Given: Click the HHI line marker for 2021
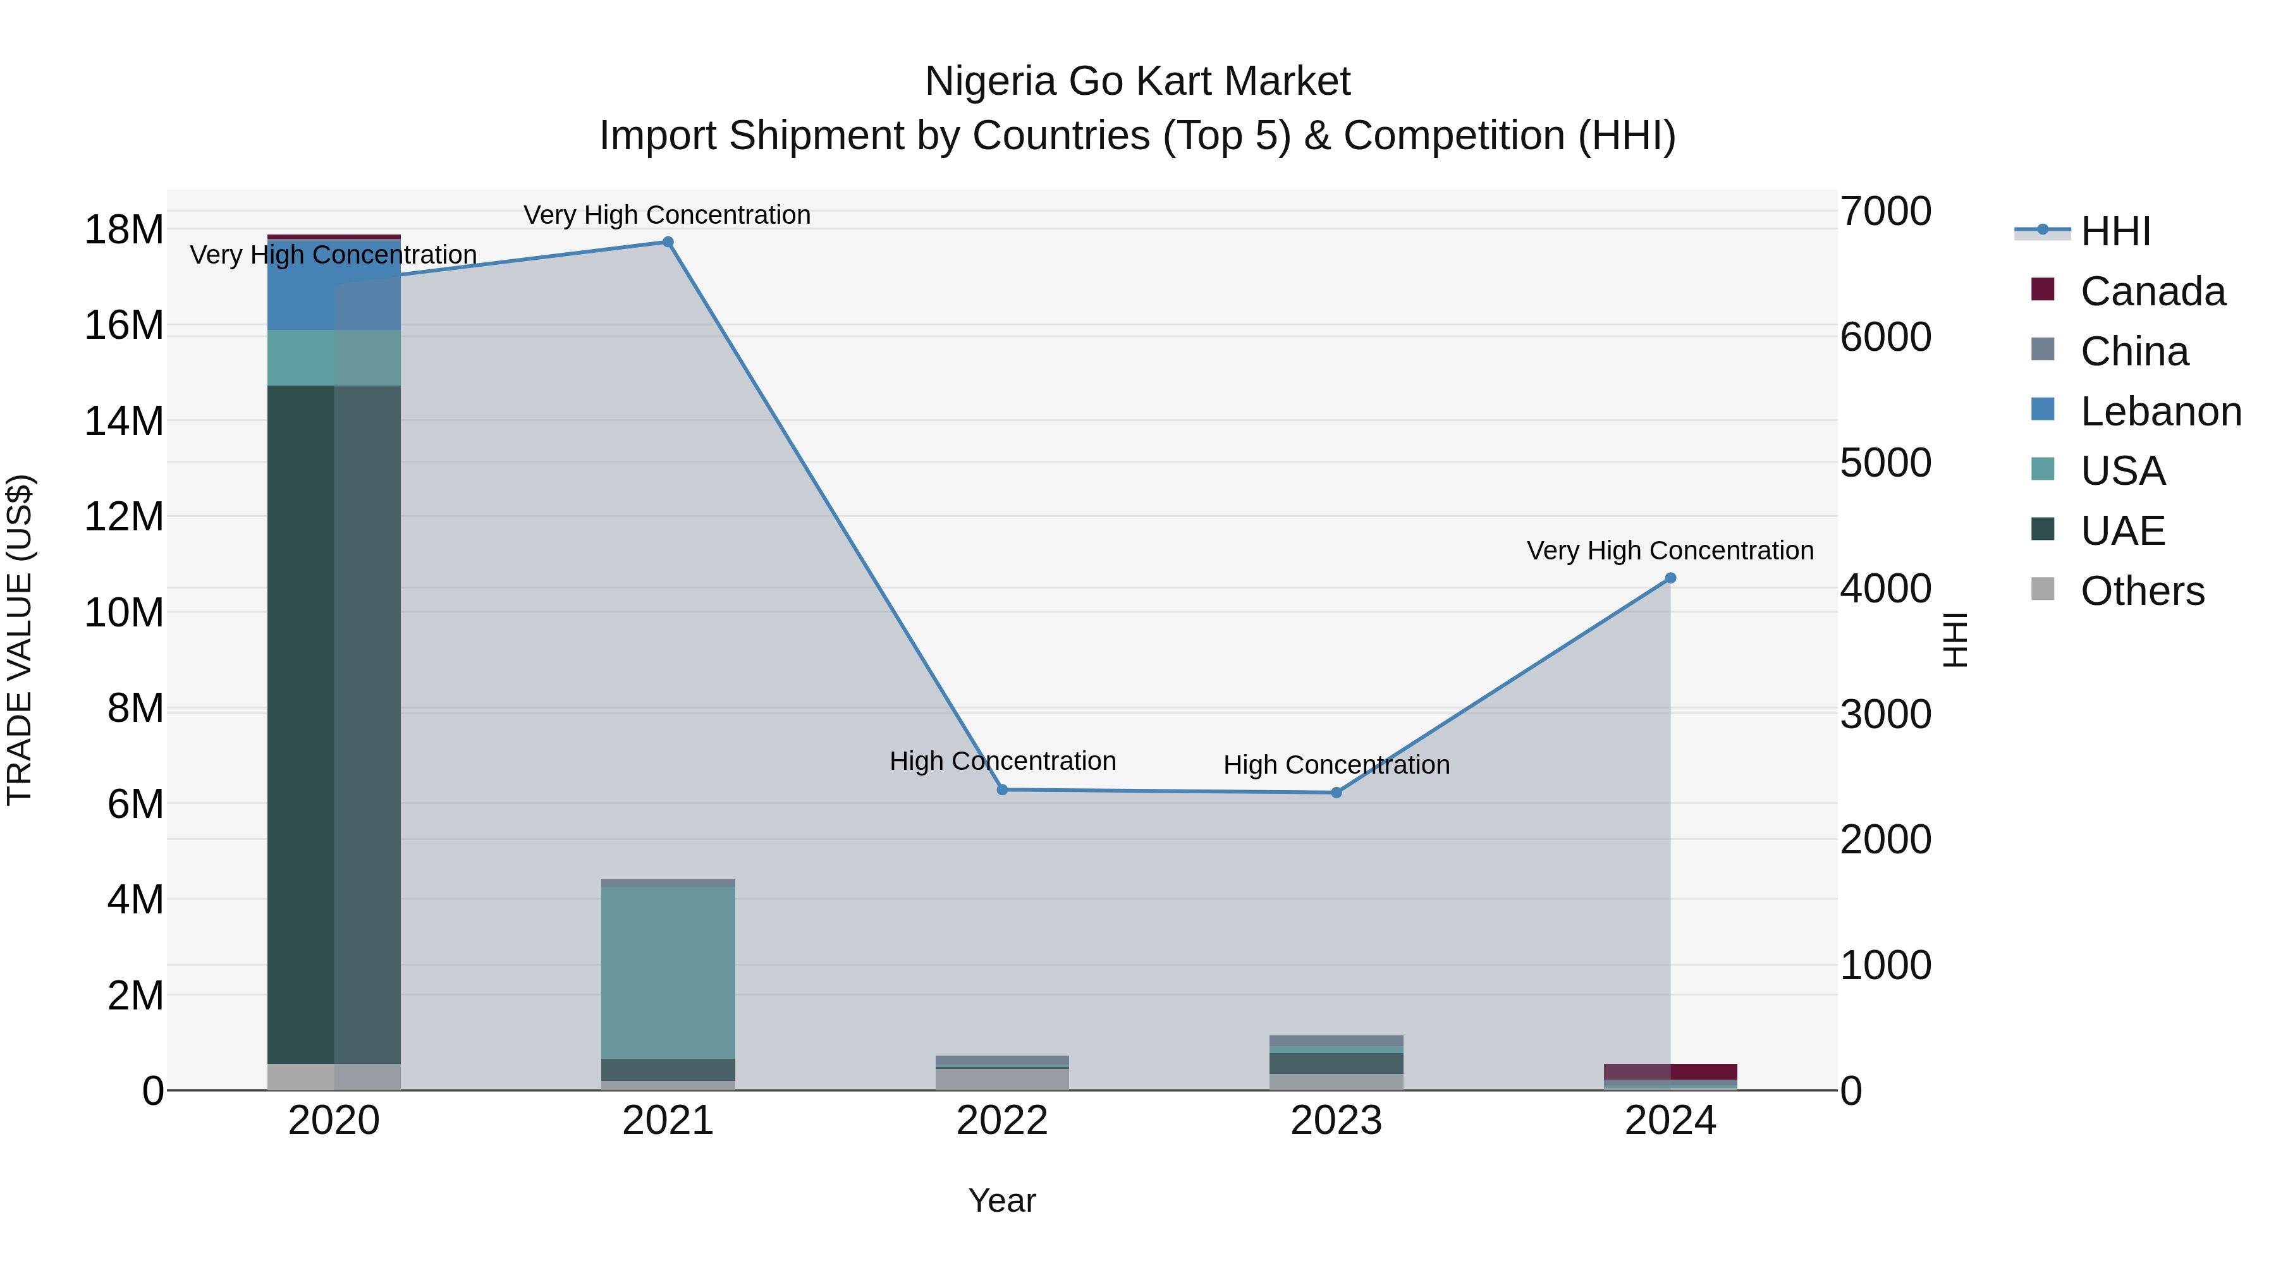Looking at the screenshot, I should click(668, 242).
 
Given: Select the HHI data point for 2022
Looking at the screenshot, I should click(1002, 789).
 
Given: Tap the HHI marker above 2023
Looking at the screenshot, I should click(1336, 793).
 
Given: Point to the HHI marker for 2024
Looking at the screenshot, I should click(1670, 578).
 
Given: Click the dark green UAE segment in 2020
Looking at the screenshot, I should click(300, 724).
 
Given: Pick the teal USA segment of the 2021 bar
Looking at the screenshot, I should click(668, 972).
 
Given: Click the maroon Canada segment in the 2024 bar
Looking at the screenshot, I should click(1703, 1071).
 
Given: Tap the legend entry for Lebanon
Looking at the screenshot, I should click(2160, 411).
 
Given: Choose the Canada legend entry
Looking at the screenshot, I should click(2152, 291).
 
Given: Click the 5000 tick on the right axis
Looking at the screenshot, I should click(1885, 463).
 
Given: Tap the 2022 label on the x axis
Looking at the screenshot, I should click(1002, 1120).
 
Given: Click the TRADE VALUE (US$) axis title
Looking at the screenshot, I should click(20, 640).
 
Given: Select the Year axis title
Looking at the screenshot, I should click(1002, 1200).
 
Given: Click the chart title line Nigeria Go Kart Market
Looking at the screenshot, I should click(1137, 82).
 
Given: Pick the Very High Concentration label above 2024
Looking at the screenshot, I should click(1670, 551).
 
